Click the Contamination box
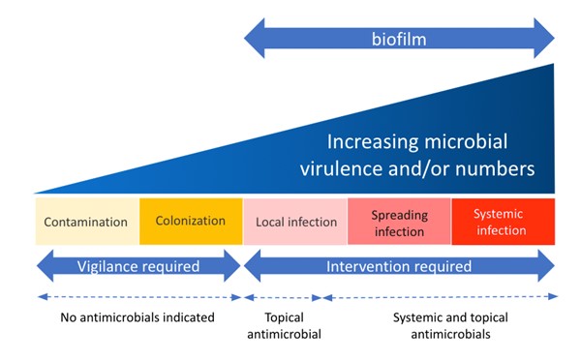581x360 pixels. tap(87, 222)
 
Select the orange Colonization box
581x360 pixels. tap(191, 222)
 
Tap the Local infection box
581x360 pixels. tap(295, 222)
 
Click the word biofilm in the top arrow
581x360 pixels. tap(398, 41)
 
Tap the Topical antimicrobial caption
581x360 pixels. tap(283, 325)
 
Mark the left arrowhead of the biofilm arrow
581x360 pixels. tap(255, 41)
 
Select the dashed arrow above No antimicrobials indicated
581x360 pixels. tap(138, 297)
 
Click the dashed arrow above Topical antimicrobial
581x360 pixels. tap(283, 297)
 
